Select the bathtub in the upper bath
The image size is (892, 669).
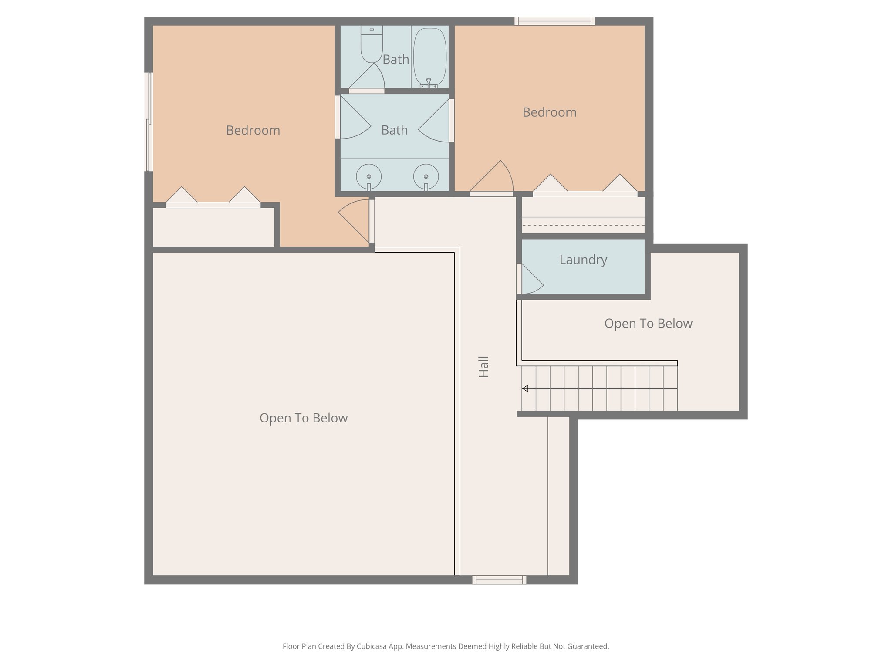430,57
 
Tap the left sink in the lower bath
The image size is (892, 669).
369,176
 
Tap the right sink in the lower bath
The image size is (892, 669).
426,176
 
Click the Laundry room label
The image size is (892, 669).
583,260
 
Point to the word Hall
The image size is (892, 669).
483,366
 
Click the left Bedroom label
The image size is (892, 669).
253,130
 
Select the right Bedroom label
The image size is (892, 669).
549,112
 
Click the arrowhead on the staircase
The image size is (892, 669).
525,389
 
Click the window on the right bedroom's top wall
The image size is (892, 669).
554,21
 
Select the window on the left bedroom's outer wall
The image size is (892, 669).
149,122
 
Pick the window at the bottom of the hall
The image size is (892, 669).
499,580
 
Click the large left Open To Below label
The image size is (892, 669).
303,418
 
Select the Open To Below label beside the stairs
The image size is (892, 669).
648,324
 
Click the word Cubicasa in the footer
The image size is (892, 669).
372,646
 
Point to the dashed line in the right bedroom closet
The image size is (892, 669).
583,225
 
